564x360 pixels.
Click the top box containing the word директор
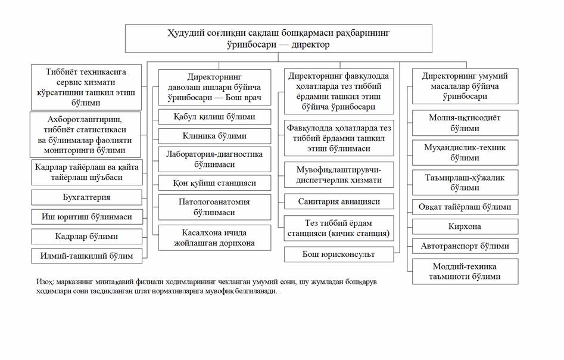coord(278,38)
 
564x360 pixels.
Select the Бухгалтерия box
coord(87,197)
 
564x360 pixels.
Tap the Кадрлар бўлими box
coord(87,236)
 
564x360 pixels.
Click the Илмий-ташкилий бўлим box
coord(87,256)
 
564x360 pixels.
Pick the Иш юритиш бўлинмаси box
coord(87,216)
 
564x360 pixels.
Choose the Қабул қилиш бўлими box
coord(214,117)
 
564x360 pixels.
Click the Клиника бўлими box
coord(214,135)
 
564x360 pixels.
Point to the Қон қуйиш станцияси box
coord(214,182)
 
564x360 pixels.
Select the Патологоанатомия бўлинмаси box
coord(214,207)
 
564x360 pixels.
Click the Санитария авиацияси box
coord(339,201)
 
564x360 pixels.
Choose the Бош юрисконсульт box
coord(339,255)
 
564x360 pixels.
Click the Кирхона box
coord(465,226)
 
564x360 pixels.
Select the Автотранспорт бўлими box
coord(465,246)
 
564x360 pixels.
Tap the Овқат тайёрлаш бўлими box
coord(465,207)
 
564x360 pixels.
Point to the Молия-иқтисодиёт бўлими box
coord(465,123)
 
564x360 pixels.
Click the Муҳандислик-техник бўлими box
coord(465,153)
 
